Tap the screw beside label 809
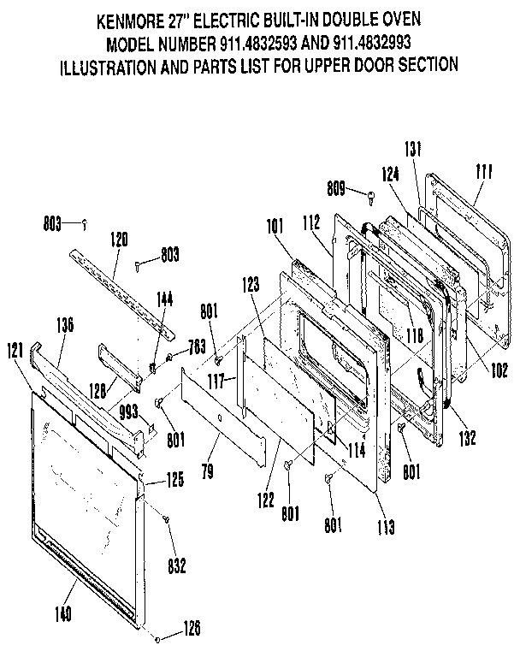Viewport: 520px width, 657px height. [369, 198]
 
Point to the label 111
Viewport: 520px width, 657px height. [484, 173]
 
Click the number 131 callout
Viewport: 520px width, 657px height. [414, 148]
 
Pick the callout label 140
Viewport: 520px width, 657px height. [63, 613]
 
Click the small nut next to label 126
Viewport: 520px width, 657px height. [159, 637]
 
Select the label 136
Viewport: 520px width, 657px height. [65, 324]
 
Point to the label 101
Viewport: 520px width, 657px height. [274, 228]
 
